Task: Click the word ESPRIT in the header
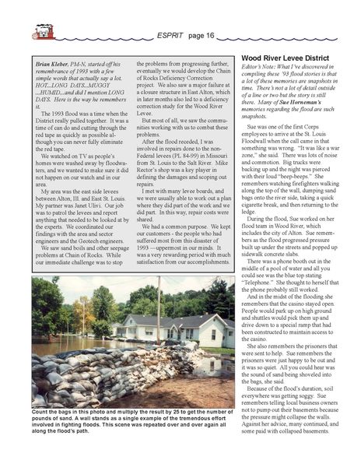click(x=172, y=35)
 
